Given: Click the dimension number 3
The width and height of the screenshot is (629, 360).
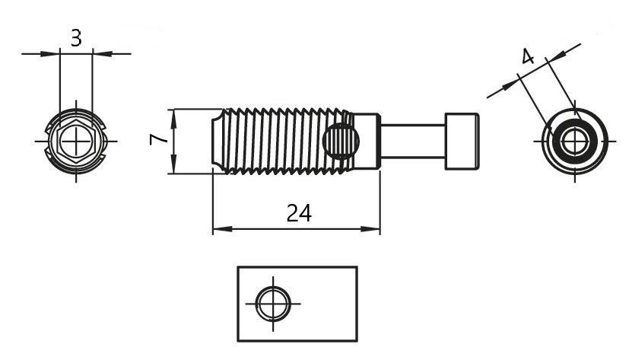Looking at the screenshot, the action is tap(76, 39).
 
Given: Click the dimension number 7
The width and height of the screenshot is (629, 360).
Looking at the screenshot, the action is tap(158, 139).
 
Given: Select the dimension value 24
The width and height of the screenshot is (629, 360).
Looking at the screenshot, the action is tap(299, 213).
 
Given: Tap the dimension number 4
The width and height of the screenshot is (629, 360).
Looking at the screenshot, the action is tap(528, 56).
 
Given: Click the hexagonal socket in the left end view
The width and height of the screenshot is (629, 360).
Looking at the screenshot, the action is tap(76, 142).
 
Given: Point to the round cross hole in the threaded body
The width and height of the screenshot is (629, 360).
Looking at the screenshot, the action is tap(342, 141).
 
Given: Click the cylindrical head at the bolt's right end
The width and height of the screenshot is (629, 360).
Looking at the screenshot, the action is tap(462, 142).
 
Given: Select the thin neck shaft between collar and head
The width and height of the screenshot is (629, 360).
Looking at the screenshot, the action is tap(412, 142).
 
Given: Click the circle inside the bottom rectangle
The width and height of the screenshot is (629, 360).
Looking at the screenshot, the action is tap(273, 304).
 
